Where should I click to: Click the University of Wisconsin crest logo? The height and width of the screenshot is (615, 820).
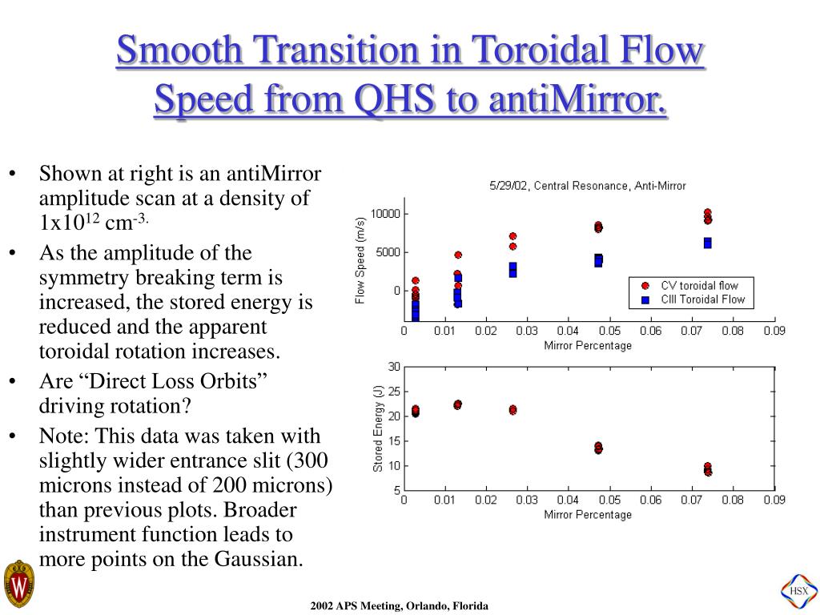point(18,584)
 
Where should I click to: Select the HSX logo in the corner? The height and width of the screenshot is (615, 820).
point(798,591)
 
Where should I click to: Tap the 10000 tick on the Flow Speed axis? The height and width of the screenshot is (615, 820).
point(384,214)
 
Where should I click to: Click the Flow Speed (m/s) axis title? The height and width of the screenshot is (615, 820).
point(360,260)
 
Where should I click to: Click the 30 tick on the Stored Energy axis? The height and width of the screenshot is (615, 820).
point(393,367)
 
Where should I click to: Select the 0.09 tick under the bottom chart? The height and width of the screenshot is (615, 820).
point(774,500)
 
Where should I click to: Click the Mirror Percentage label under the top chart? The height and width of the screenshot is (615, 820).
point(588,346)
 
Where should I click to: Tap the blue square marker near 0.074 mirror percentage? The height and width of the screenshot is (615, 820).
point(708,243)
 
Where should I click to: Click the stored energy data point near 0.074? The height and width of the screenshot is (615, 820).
point(708,469)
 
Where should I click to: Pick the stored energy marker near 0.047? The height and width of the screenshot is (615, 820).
point(598,448)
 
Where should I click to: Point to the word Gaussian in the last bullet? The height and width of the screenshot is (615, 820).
point(259,559)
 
